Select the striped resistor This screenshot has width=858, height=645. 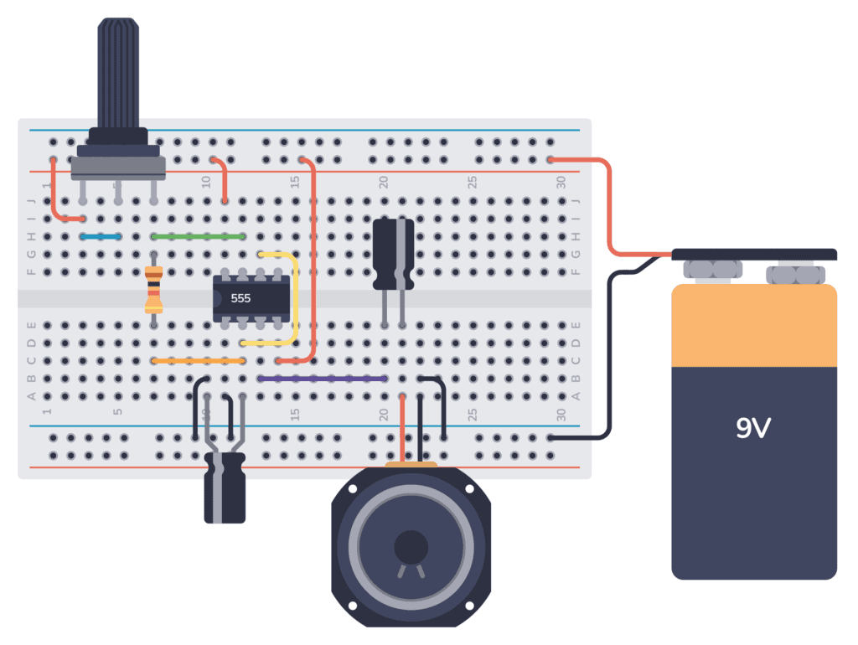click(153, 288)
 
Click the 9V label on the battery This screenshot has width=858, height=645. click(753, 429)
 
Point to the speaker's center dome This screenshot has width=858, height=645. click(410, 548)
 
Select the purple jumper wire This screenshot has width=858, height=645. click(323, 379)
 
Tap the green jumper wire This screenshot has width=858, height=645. click(199, 237)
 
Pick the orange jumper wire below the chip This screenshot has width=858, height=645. click(199, 361)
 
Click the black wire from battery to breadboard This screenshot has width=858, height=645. click(612, 352)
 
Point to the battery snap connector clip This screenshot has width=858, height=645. click(754, 254)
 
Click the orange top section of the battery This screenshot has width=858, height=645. click(754, 327)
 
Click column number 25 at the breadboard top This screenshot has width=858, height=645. click(473, 181)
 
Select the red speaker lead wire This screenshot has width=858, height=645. click(403, 427)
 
